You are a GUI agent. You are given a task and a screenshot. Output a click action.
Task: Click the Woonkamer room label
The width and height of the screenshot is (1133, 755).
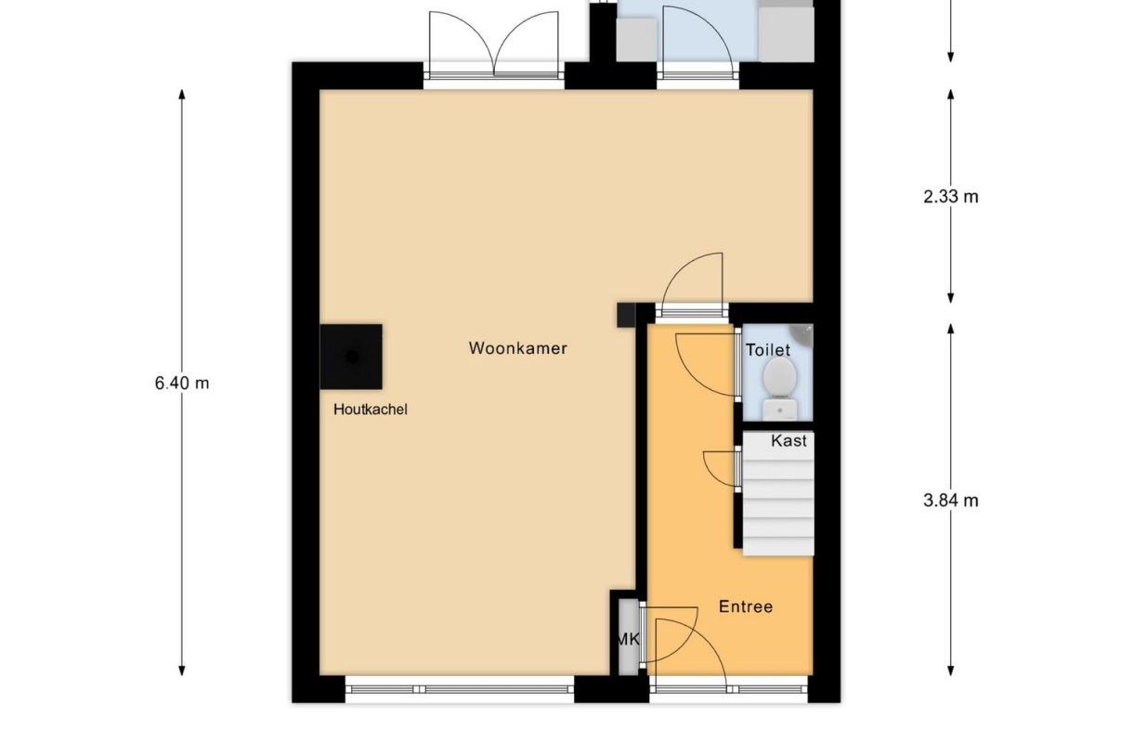point(517,349)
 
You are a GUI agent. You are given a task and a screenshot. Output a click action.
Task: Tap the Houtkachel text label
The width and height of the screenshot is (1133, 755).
point(371,409)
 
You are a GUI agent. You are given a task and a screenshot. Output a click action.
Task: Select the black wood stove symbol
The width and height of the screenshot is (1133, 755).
point(351,357)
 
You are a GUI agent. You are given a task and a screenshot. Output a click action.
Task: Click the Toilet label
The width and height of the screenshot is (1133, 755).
point(768,350)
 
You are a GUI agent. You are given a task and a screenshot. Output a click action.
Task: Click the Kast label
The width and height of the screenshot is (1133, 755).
point(788,441)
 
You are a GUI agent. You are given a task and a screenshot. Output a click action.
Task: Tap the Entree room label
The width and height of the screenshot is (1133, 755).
point(746,606)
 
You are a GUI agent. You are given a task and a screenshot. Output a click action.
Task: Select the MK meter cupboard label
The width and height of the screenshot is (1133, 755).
point(628,639)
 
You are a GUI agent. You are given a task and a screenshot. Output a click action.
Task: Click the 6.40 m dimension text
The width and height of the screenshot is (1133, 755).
point(182,382)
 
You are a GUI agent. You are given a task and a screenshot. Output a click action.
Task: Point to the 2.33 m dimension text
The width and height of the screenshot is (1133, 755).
point(951,196)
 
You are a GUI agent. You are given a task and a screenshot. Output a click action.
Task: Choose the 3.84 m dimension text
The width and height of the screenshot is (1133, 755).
point(951,501)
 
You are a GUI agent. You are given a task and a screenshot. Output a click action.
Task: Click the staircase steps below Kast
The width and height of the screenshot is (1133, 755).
point(777,506)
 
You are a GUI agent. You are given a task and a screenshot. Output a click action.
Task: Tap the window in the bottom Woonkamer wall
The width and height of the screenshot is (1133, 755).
point(460,689)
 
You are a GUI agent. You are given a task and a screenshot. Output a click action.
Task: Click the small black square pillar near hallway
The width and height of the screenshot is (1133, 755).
point(625,315)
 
